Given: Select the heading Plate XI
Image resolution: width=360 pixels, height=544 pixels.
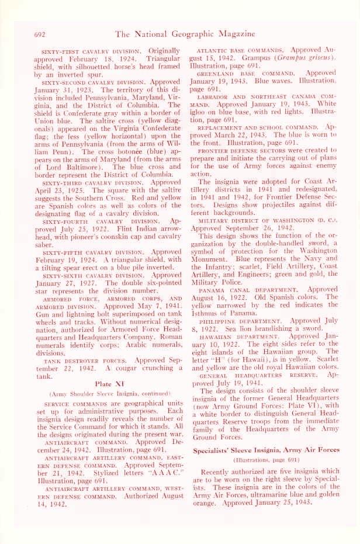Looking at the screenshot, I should coord(106,367).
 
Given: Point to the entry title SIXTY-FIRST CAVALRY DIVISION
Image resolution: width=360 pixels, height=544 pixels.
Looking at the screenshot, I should coord(93,52).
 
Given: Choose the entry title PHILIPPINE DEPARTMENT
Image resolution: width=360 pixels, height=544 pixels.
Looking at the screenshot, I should coord(245,321).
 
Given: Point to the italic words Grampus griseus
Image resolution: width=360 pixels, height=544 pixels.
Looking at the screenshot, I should coord(309,58).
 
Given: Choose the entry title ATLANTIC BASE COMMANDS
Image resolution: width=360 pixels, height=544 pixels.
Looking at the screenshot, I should coord(241,51).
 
